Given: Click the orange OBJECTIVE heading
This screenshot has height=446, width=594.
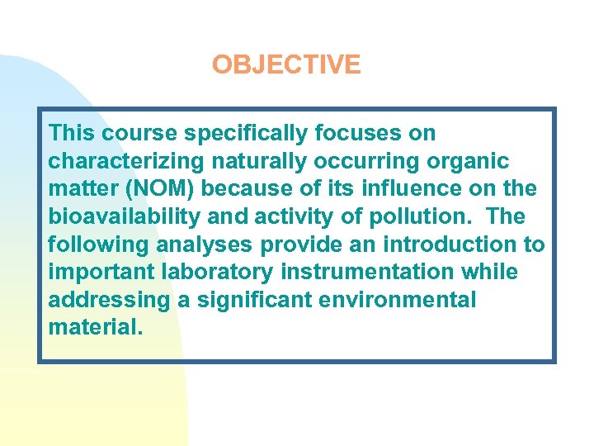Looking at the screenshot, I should click(285, 64).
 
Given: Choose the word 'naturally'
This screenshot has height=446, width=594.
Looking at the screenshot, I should click(244, 161).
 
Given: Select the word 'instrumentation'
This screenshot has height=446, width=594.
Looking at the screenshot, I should click(362, 272).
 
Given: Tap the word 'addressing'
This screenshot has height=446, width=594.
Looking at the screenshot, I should click(109, 300).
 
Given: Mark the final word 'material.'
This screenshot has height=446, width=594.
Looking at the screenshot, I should click(96, 328).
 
